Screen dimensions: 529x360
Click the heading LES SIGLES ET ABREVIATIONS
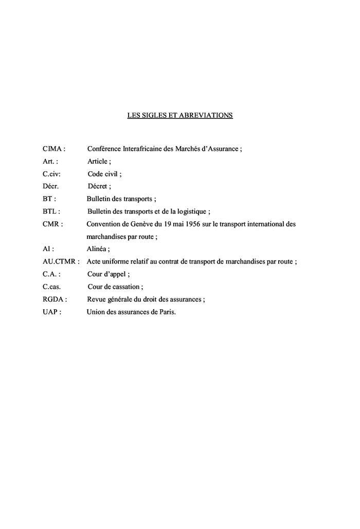pos(180,115)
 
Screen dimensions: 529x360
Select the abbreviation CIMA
pos(52,149)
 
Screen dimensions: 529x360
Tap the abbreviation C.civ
pos(51,174)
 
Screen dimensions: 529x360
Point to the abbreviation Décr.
pos(51,186)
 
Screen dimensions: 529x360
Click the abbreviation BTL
pos(50,211)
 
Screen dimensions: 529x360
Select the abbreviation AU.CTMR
pos(60,261)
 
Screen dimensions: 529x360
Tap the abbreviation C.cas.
pos(52,287)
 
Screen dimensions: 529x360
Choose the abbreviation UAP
pos(50,312)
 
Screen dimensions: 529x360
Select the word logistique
pos(191,211)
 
